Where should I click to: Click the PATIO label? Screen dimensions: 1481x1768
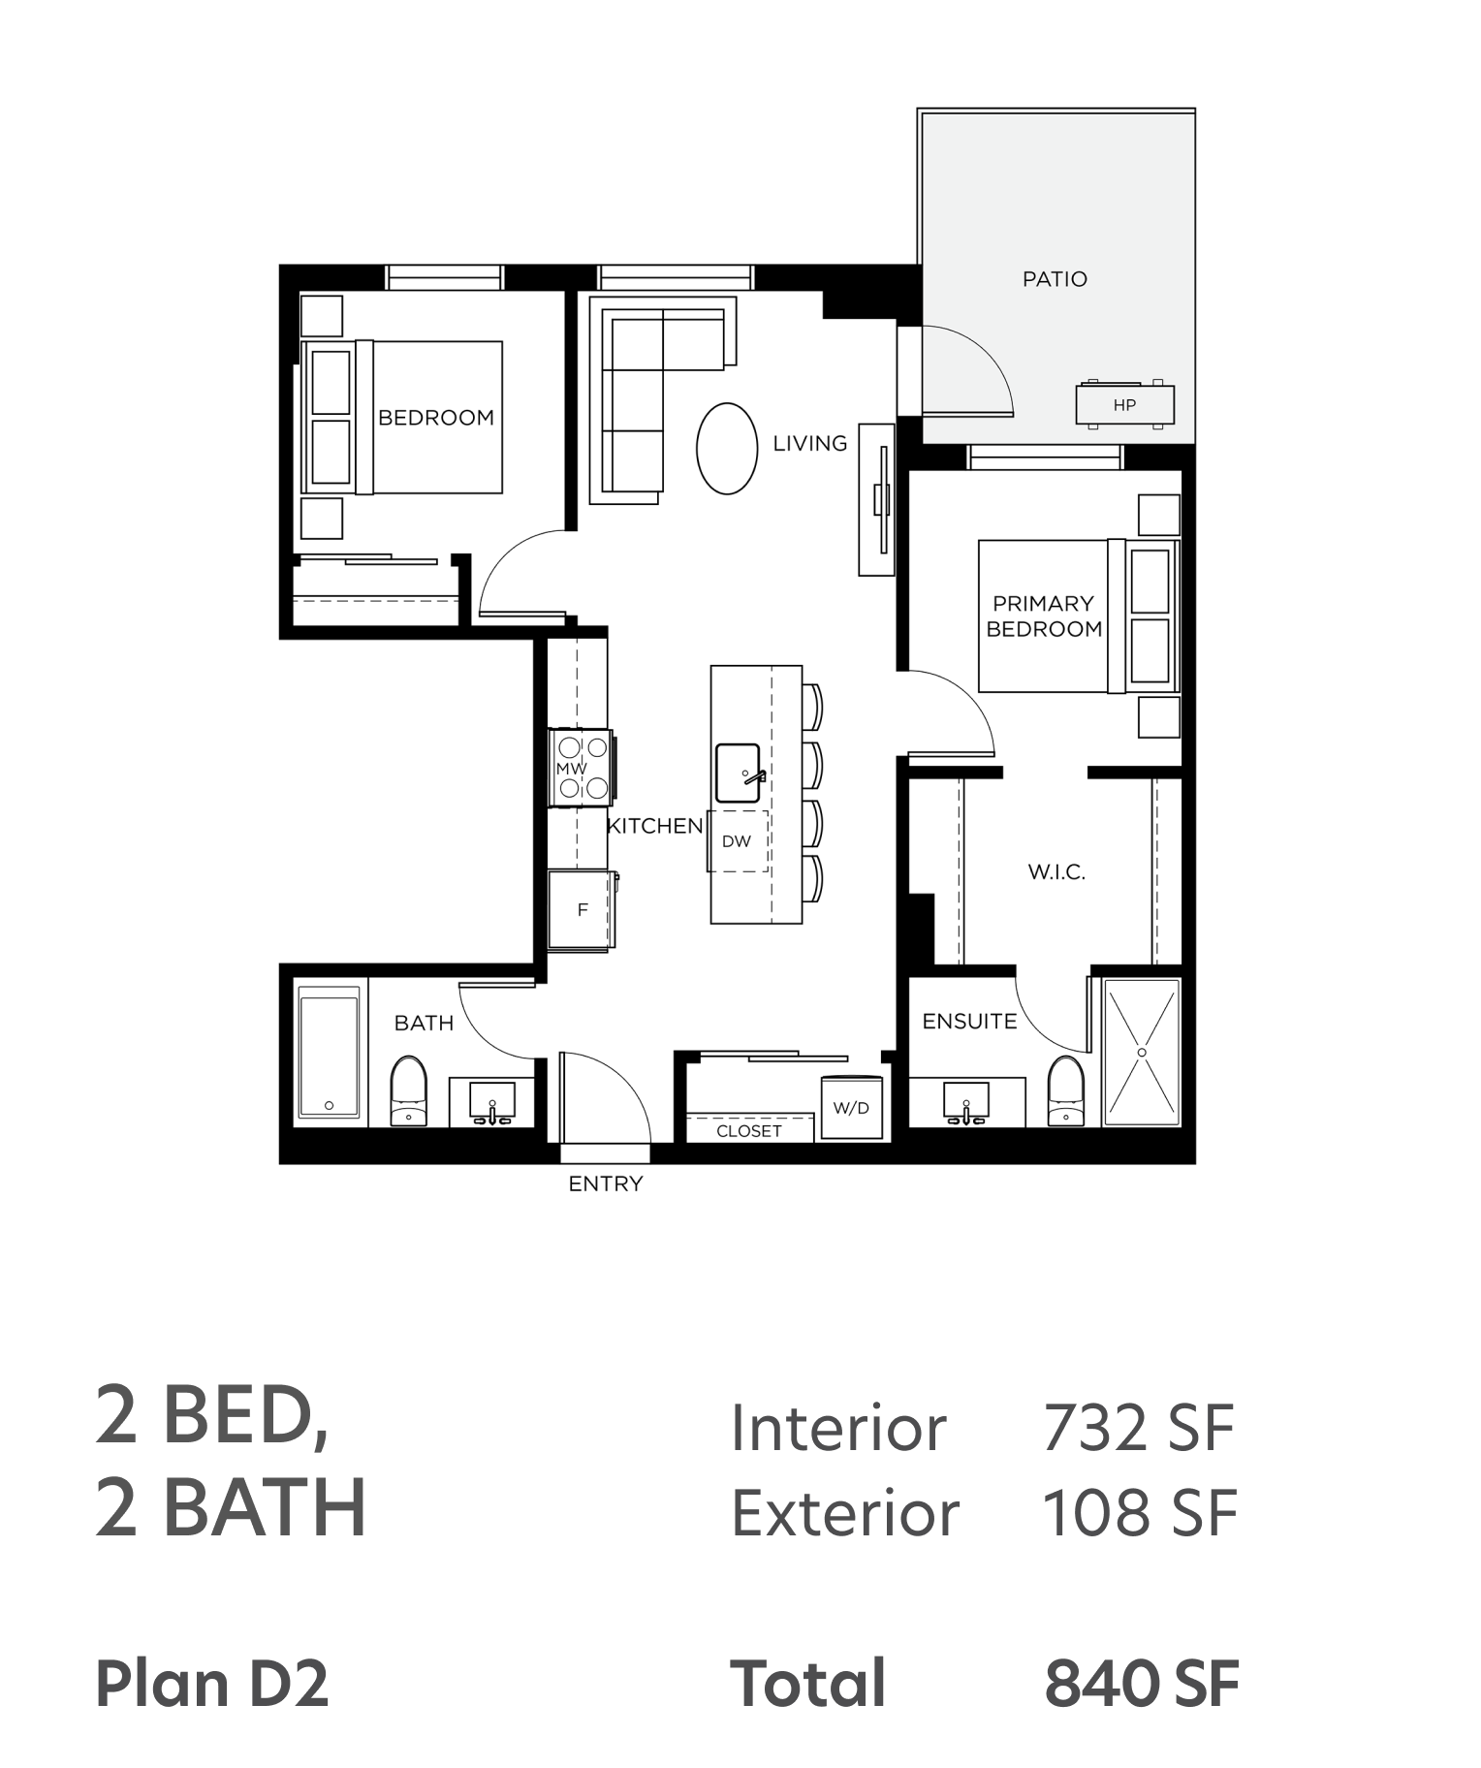coord(1055,279)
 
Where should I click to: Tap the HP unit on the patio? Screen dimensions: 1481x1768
coord(1124,404)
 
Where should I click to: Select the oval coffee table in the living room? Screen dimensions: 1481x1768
coord(726,449)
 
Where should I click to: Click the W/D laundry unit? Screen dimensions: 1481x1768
coord(851,1107)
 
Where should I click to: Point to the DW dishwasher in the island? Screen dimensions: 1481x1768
coord(737,841)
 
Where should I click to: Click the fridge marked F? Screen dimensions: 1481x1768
coord(581,910)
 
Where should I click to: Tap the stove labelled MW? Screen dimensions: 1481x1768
coord(581,768)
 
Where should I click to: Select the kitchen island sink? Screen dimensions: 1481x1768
coord(739,773)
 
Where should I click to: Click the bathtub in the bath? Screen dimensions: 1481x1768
coord(330,1052)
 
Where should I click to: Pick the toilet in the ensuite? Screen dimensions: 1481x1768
coord(1065,1091)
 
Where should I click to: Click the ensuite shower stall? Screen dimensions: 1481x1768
coord(1142,1053)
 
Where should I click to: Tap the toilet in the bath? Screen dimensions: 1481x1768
coord(408,1091)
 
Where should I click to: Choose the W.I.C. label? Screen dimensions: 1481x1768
coord(1056,872)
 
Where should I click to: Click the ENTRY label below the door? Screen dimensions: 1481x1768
coord(606,1184)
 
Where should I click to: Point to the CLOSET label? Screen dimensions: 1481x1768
coord(749,1131)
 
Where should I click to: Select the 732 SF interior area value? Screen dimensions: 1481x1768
coord(1138,1428)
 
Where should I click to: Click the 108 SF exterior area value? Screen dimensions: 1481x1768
coord(1140,1513)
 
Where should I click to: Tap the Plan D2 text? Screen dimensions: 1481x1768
coord(212,1683)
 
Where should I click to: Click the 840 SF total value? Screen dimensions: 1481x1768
coord(1142,1684)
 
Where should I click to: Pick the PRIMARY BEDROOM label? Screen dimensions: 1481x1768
coord(1044,616)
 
